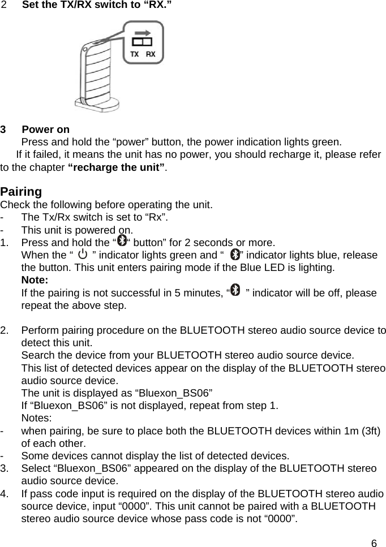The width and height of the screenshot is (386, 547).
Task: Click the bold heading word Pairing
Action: click(21, 191)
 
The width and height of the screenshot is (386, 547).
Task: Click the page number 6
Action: click(374, 543)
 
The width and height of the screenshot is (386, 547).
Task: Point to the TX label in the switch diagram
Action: click(135, 54)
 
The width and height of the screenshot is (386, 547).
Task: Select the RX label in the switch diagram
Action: click(151, 54)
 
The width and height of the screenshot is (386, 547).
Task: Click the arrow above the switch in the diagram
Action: click(144, 33)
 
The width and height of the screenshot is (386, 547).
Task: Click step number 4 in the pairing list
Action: click(5, 494)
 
